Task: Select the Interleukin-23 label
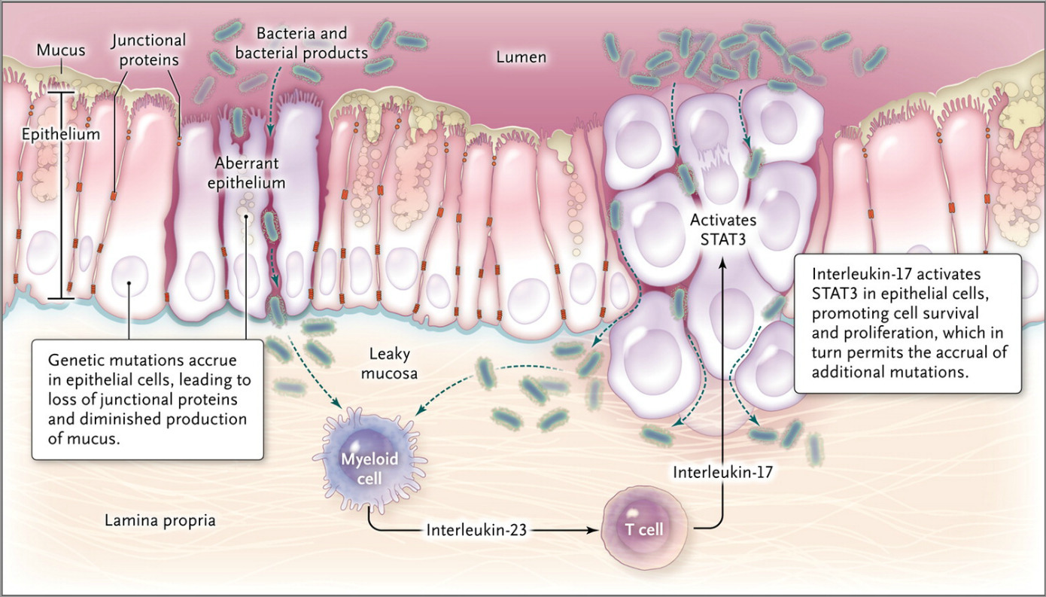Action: pyautogui.click(x=475, y=528)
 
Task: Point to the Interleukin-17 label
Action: pyautogui.click(x=723, y=472)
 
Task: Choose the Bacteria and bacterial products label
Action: pyautogui.click(x=312, y=44)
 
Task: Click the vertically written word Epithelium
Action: pyautogui.click(x=50, y=135)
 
